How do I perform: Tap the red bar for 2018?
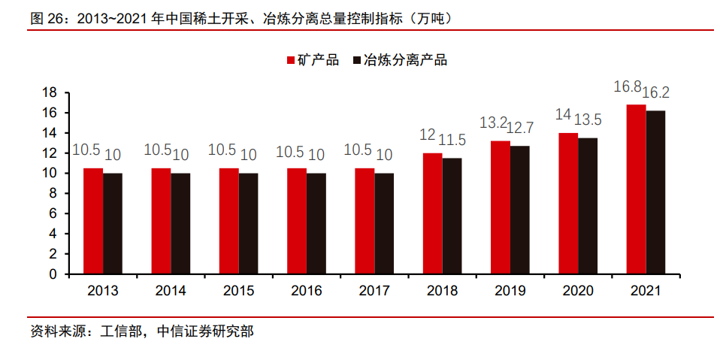pos(432,213)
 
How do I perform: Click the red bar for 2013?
pos(92,221)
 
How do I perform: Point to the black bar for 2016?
pos(316,224)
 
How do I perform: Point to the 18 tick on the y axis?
pos(50,92)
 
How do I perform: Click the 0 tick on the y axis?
pos(53,274)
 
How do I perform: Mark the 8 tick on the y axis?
pos(53,193)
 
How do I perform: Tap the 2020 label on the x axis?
pos(578,290)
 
